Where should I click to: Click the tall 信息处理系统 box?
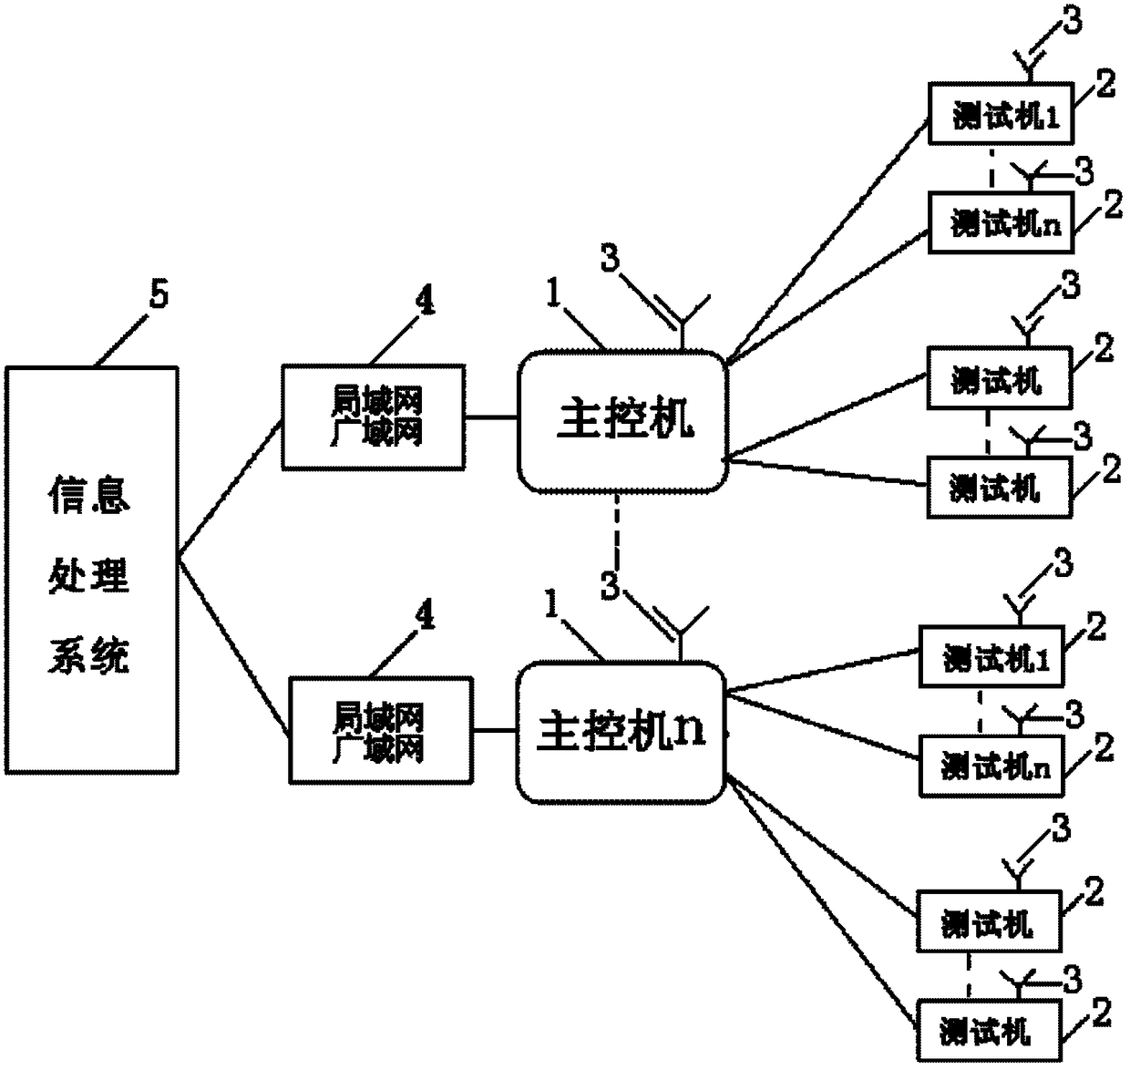[x=91, y=570]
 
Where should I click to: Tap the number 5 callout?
[x=159, y=295]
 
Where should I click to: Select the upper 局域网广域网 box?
[x=373, y=417]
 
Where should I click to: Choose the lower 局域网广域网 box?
[x=381, y=730]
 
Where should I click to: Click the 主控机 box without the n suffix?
[x=623, y=421]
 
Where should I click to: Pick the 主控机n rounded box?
[x=621, y=733]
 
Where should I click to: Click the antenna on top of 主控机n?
[x=681, y=633]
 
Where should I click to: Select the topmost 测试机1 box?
[x=1001, y=113]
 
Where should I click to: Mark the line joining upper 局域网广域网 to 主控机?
[x=491, y=417]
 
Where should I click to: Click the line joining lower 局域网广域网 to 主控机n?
[x=494, y=731]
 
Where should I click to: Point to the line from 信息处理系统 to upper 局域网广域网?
[x=230, y=489]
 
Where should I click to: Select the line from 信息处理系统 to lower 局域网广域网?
[x=232, y=648]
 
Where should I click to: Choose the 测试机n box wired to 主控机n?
[x=991, y=766]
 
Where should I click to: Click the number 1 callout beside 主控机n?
[x=552, y=603]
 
